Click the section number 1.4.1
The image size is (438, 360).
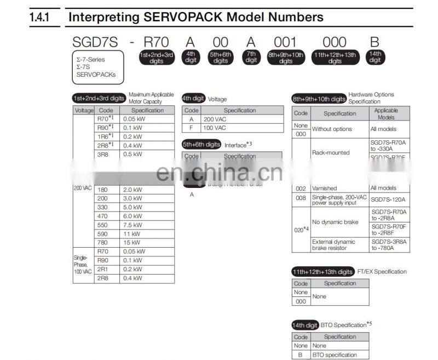39,17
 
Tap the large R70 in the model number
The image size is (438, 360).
156,42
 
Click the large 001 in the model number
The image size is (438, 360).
285,42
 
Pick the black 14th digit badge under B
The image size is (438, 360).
375,57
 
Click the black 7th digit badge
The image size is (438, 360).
251,57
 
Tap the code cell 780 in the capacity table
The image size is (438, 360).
102,243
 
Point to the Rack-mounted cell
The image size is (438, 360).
330,153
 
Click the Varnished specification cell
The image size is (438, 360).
325,188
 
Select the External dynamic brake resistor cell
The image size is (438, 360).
333,244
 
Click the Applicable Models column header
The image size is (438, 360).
386,113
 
